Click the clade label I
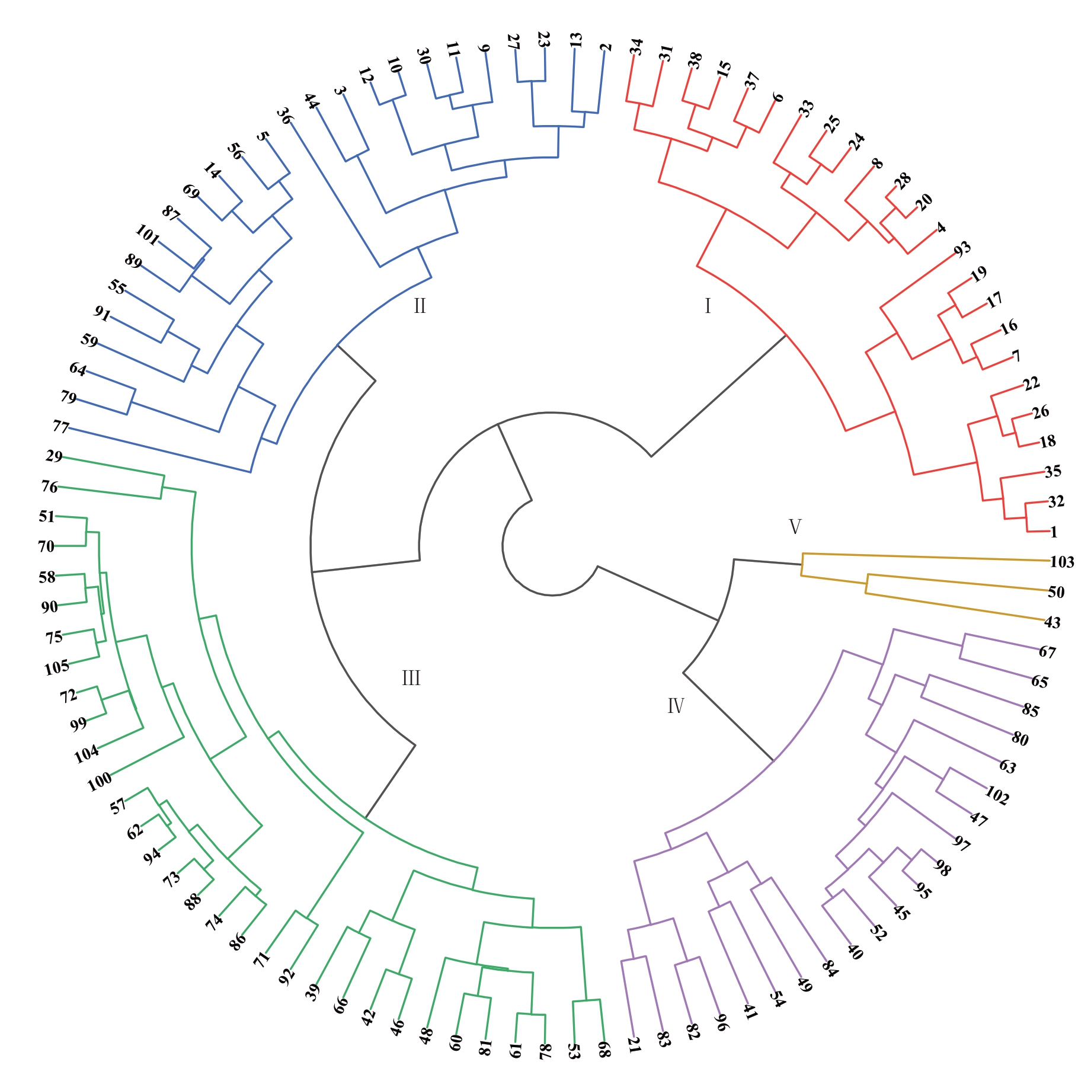click(x=708, y=306)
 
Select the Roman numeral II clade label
click(x=420, y=306)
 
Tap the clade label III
click(x=411, y=678)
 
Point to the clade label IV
click(x=676, y=706)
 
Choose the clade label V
click(x=795, y=526)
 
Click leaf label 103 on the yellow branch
click(x=1061, y=562)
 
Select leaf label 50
click(x=1056, y=592)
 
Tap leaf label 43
click(x=1052, y=622)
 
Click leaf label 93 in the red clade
click(x=962, y=249)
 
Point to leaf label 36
click(x=285, y=116)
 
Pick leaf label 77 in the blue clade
click(x=61, y=426)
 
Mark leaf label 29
click(x=54, y=456)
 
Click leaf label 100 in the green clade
click(x=100, y=782)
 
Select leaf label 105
click(x=57, y=668)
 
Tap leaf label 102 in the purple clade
click(x=997, y=795)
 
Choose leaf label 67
click(x=1047, y=652)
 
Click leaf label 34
click(x=636, y=46)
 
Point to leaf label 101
click(x=148, y=235)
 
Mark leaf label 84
click(x=830, y=968)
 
